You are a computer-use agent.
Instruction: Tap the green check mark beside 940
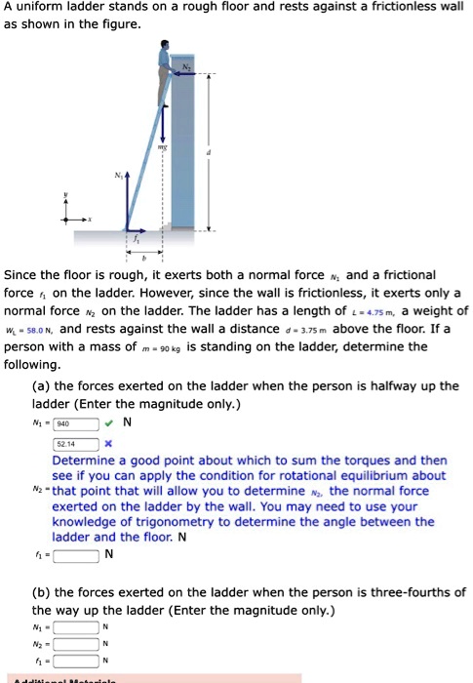point(113,422)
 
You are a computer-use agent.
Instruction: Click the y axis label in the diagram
point(66,196)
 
